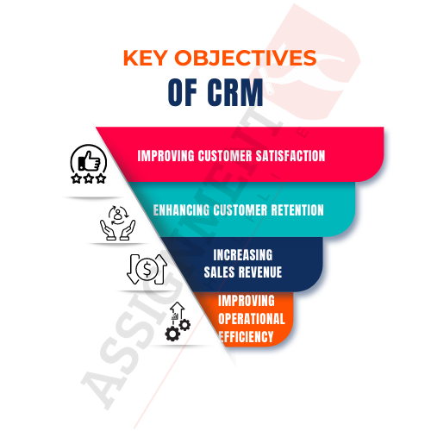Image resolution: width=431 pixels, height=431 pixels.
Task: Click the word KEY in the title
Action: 145,58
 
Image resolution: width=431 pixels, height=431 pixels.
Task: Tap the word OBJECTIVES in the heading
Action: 246,58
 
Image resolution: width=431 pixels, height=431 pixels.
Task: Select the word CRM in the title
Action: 235,92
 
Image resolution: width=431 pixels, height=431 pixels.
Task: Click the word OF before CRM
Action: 183,92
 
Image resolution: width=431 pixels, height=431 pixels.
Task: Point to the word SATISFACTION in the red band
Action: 290,156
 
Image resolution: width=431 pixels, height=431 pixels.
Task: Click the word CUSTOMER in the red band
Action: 225,156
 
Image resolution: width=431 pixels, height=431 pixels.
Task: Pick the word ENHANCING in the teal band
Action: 181,210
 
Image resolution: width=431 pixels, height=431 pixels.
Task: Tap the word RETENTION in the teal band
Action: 297,210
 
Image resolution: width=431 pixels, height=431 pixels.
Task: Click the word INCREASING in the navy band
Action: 243,255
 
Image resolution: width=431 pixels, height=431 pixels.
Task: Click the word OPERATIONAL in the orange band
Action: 252,319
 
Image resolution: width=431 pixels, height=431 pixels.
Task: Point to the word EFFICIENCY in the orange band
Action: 247,337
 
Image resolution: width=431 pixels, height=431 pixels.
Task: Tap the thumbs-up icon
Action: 90,161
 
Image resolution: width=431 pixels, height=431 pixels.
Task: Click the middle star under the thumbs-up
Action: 89,178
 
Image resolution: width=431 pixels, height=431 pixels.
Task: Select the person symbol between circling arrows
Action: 118,214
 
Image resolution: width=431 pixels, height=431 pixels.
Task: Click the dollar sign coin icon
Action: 147,269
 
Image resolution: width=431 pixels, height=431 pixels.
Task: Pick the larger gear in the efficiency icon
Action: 172,334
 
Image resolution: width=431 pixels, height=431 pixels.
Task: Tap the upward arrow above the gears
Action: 178,311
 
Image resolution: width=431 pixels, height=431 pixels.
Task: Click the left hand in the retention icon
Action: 108,230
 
